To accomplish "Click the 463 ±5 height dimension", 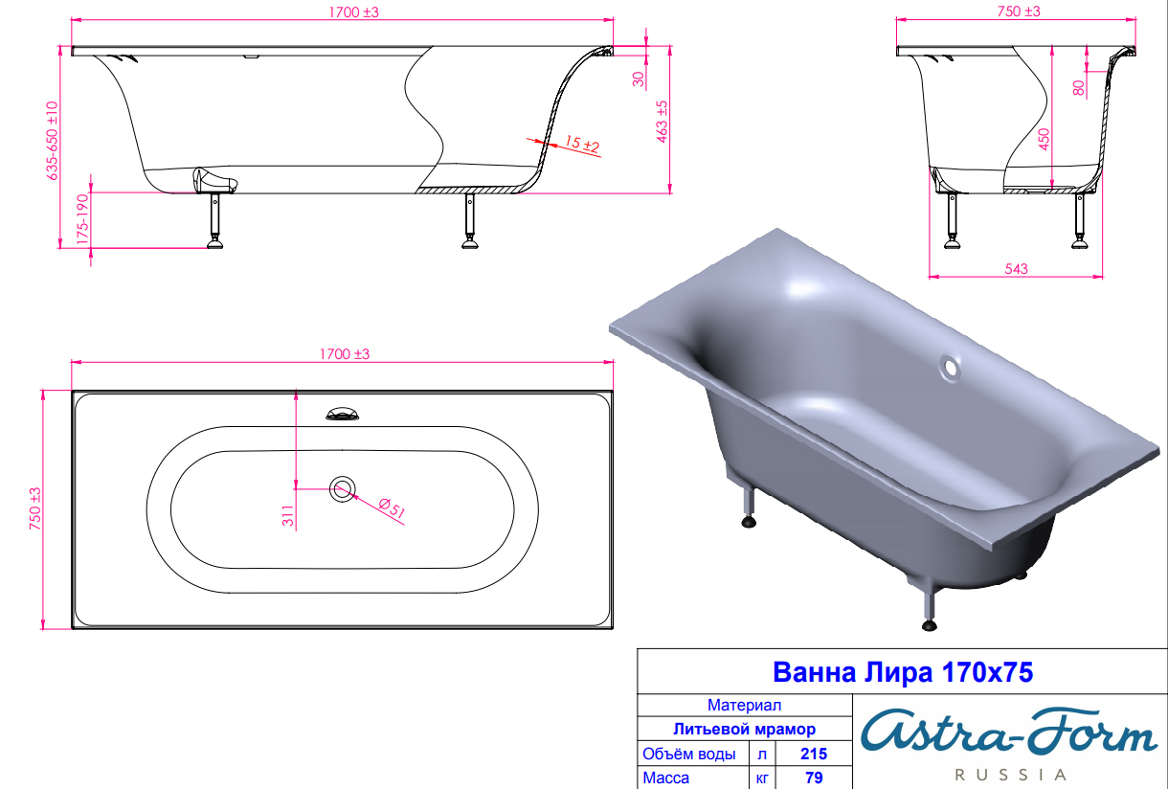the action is click(662, 122).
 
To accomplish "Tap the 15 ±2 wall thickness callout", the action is click(582, 143).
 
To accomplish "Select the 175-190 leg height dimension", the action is click(82, 219).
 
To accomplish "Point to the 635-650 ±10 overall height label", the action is click(52, 141).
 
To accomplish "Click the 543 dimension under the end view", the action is click(1017, 269).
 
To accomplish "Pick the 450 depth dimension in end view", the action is click(1044, 139).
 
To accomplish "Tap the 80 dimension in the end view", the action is click(1079, 87).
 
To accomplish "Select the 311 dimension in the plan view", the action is click(288, 515).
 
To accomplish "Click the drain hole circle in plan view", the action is click(343, 489).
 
